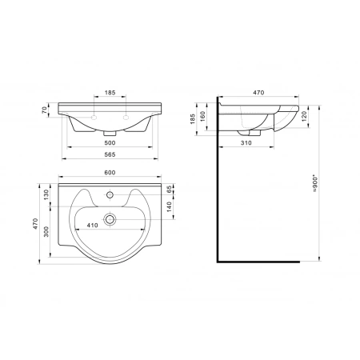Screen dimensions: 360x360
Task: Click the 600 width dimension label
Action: pos(110,173)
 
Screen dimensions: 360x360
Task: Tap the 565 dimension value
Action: pos(110,154)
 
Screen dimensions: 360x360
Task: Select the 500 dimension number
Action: pos(110,143)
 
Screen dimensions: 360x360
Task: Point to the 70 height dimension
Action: pos(45,110)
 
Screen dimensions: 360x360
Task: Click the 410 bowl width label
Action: pos(92,226)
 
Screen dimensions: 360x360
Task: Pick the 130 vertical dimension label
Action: pos(46,195)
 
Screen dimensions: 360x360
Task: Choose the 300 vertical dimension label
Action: pos(46,232)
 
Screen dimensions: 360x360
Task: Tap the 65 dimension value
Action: pos(169,190)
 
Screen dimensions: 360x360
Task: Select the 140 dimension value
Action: pos(169,207)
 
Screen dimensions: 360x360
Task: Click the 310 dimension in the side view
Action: pos(246,143)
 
